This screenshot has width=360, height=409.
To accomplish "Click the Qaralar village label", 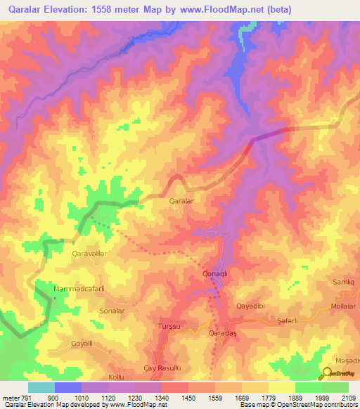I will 181,201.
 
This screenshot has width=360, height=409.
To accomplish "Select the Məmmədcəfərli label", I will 79,289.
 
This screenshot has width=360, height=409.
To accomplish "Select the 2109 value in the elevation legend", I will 349,398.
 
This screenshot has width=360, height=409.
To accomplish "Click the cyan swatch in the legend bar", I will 41,387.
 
